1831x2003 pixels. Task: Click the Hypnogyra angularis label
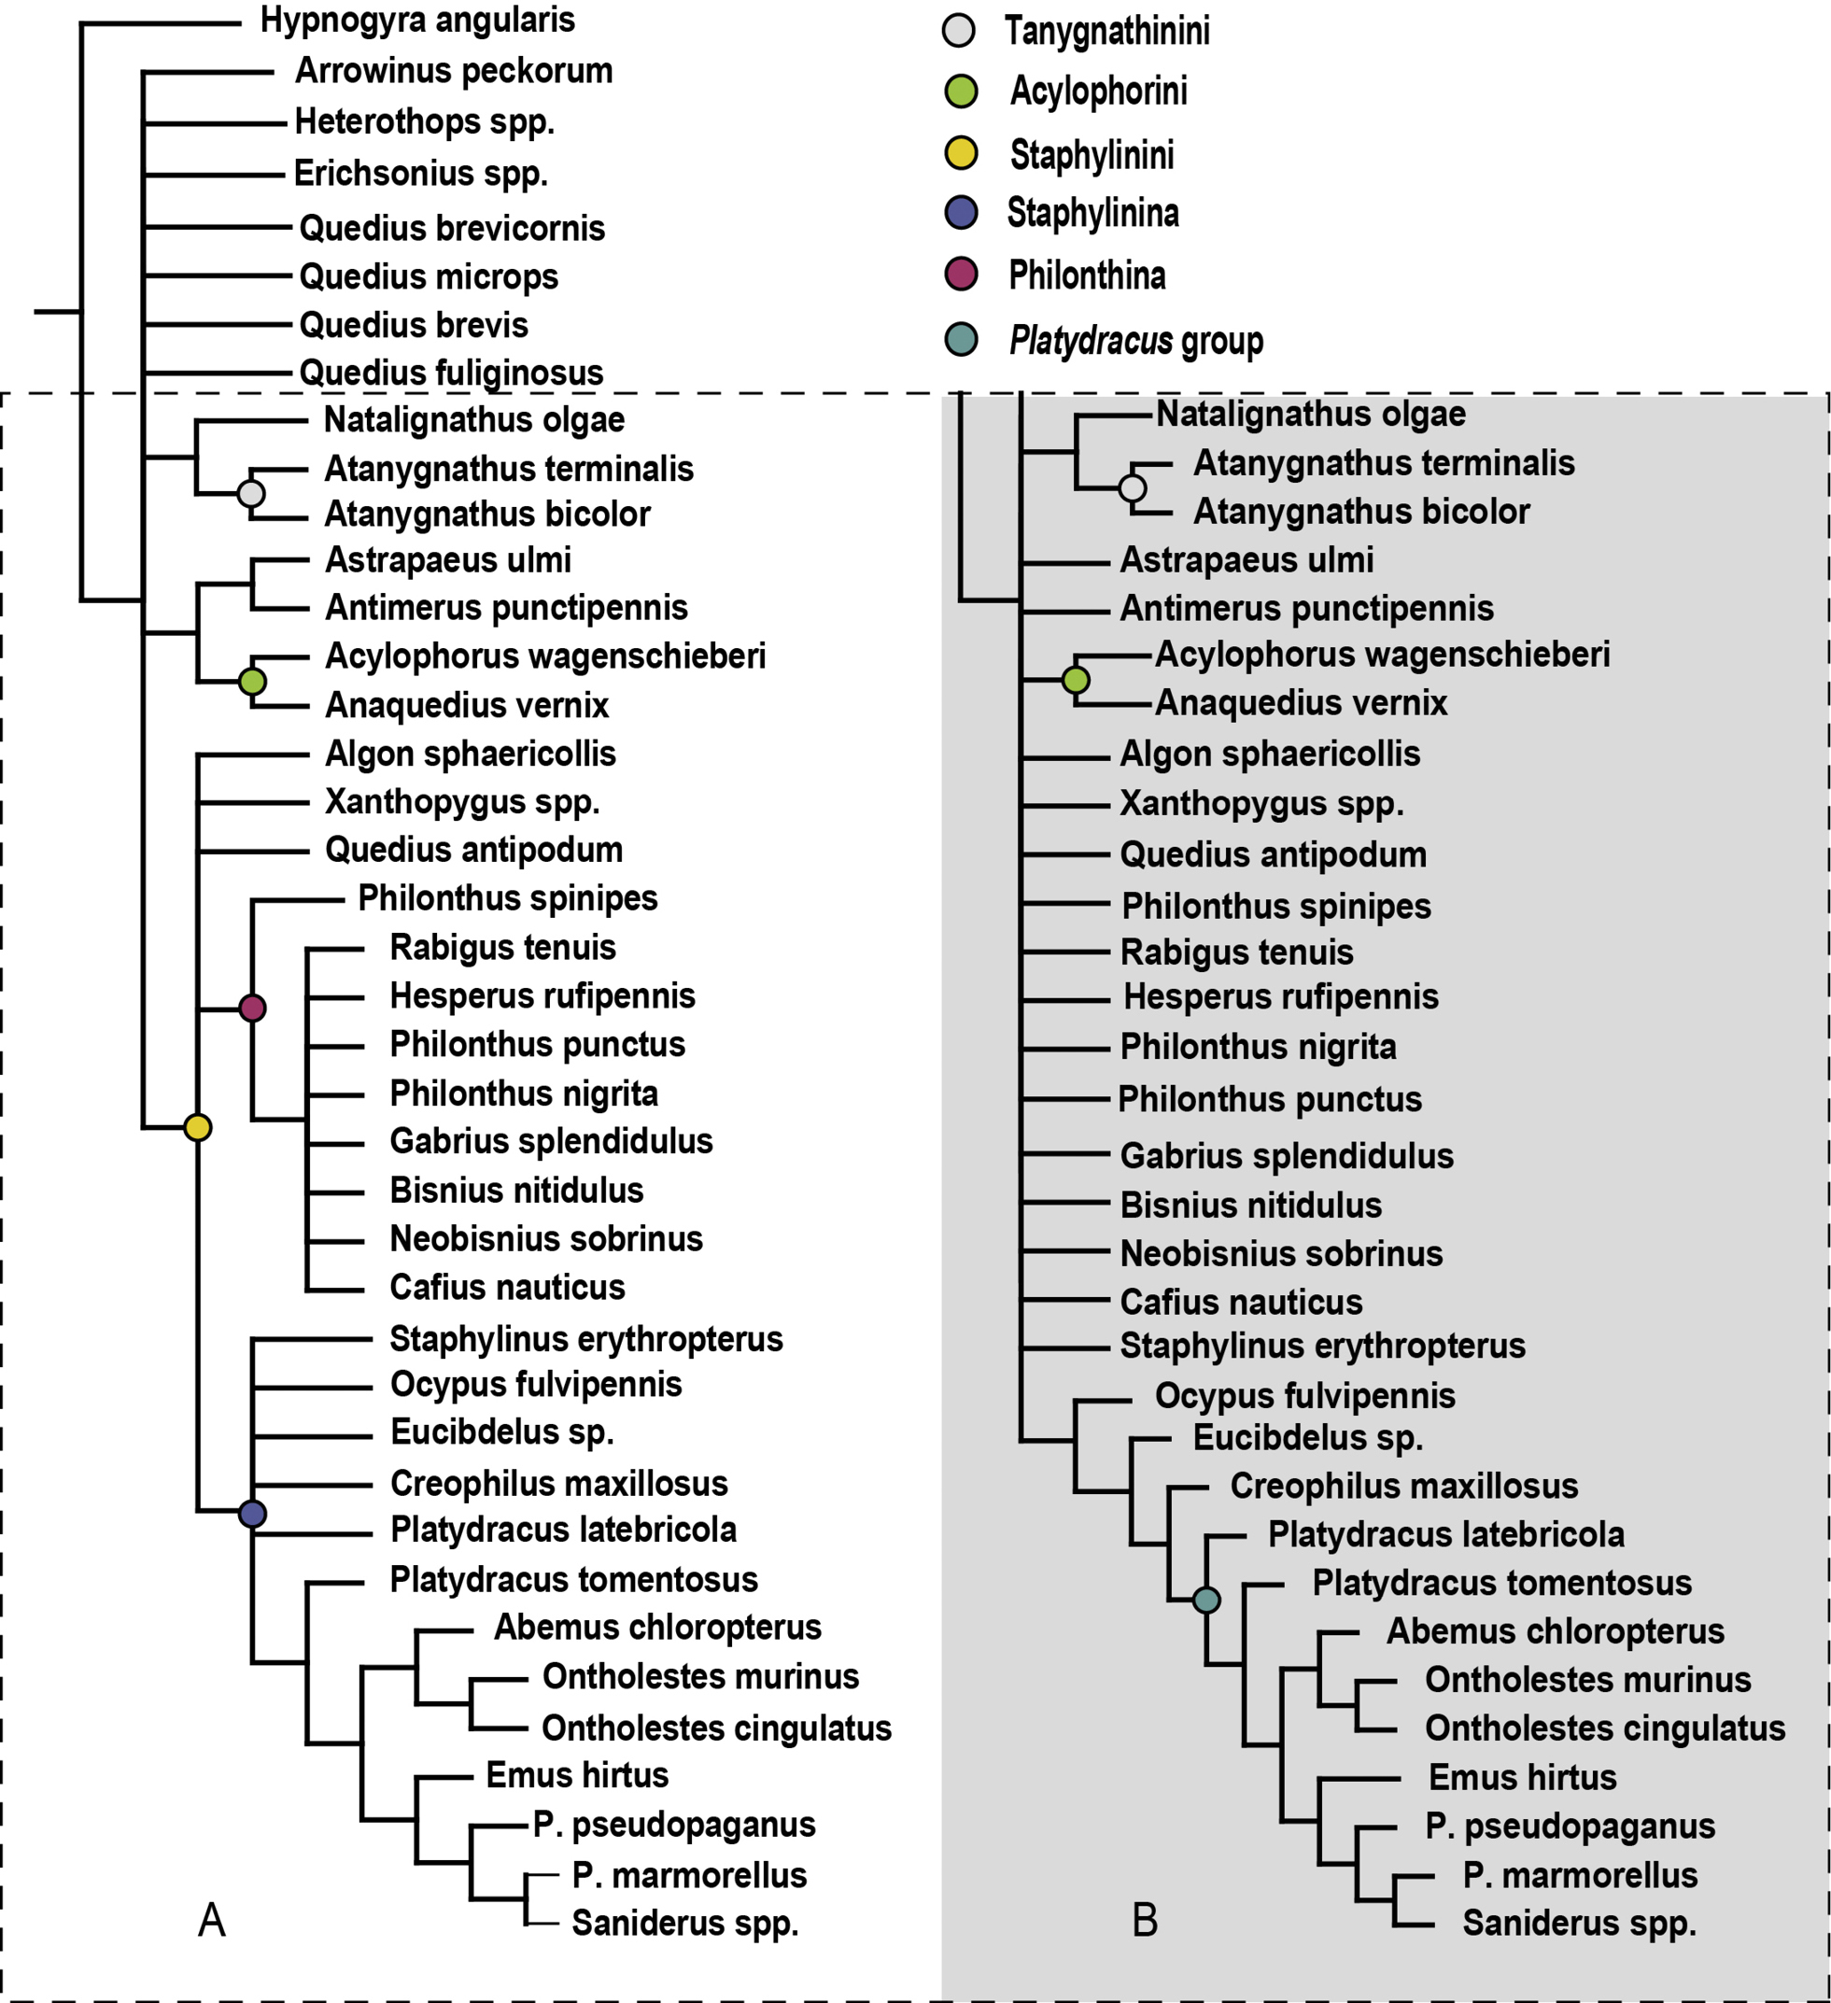[x=417, y=21]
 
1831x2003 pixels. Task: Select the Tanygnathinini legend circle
[x=959, y=31]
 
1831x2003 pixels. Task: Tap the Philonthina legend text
[x=1087, y=275]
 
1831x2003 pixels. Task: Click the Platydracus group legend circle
[x=961, y=339]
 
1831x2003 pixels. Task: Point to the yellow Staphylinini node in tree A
[x=198, y=1128]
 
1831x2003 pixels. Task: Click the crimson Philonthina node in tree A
[x=252, y=1009]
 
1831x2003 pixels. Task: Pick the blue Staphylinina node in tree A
[x=252, y=1515]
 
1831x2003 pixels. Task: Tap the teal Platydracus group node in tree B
[x=1206, y=1600]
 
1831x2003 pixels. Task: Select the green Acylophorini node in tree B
[x=1076, y=680]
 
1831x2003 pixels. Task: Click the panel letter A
[x=212, y=1921]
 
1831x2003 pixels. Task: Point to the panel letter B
[x=1146, y=1921]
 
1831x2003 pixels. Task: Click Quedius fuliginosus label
[x=451, y=373]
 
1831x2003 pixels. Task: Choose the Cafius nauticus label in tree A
[x=507, y=1287]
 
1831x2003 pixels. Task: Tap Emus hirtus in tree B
[x=1522, y=1776]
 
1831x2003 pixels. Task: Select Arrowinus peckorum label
[x=454, y=72]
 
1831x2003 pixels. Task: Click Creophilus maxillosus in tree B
[x=1403, y=1486]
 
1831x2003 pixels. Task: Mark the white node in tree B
[x=1133, y=487]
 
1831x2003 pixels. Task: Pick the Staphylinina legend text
[x=1092, y=213]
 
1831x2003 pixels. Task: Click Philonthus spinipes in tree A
[x=508, y=898]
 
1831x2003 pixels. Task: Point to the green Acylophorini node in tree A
[x=252, y=682]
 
